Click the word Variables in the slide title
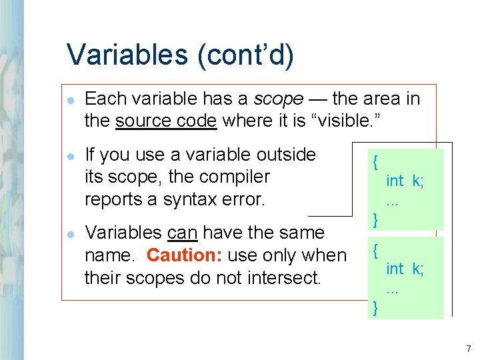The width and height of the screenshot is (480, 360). click(x=127, y=55)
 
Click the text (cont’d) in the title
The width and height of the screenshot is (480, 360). click(x=245, y=55)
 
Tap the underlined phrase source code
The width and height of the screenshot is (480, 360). click(x=166, y=121)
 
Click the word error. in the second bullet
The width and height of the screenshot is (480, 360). click(x=241, y=199)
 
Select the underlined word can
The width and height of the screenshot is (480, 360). click(x=182, y=233)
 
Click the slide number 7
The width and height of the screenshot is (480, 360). click(x=469, y=349)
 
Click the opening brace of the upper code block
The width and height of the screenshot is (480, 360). click(x=377, y=162)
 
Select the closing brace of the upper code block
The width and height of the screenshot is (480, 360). click(x=377, y=218)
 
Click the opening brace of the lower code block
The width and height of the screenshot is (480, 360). click(x=377, y=250)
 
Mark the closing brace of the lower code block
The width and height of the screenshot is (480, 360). click(x=377, y=307)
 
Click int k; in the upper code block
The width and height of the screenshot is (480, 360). click(x=405, y=181)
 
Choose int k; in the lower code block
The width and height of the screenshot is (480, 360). click(x=405, y=269)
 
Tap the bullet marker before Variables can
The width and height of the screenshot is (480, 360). click(x=71, y=233)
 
